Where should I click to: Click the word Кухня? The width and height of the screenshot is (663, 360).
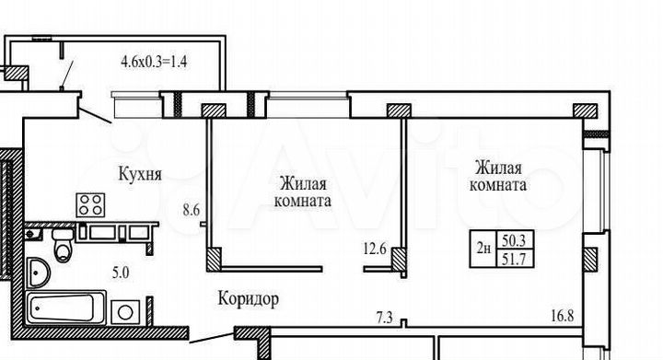pyautogui.click(x=141, y=171)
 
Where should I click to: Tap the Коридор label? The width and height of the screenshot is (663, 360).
pyautogui.click(x=249, y=298)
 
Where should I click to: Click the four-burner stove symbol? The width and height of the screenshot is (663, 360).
pyautogui.click(x=90, y=204)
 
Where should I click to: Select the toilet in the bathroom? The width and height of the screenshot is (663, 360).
pyautogui.click(x=63, y=246)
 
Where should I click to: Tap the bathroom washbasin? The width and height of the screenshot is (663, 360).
pyautogui.click(x=40, y=273)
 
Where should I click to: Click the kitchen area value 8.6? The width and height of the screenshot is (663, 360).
pyautogui.click(x=191, y=210)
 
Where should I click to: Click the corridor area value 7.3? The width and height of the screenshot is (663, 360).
pyautogui.click(x=385, y=318)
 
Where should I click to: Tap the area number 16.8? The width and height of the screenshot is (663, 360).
pyautogui.click(x=562, y=318)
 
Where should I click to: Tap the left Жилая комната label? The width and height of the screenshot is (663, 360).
pyautogui.click(x=300, y=192)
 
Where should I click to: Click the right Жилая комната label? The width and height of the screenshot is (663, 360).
pyautogui.click(x=498, y=176)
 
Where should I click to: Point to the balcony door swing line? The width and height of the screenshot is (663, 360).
pyautogui.click(x=93, y=116)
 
